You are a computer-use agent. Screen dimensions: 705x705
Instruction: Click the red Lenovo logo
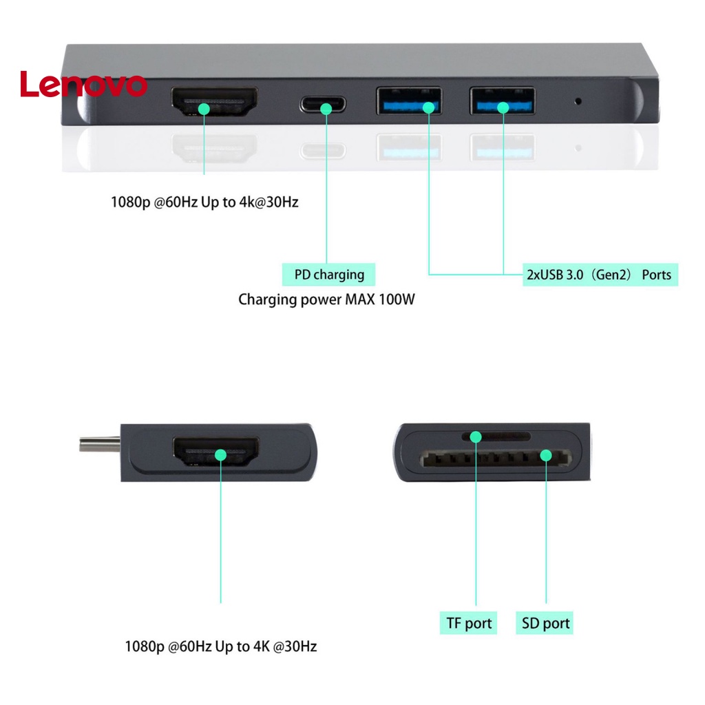(x=83, y=85)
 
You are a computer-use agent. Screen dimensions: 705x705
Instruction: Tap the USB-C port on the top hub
(x=323, y=105)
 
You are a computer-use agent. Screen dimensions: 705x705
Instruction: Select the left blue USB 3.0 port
(x=408, y=101)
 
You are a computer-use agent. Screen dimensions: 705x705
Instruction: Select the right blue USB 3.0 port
(x=502, y=101)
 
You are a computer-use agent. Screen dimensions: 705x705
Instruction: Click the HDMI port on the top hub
(x=214, y=105)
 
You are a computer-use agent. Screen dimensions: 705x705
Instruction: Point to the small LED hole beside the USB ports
(x=578, y=101)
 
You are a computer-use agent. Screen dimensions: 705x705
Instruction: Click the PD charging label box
(x=329, y=275)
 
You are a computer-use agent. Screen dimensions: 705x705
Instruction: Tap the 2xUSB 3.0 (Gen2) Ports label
(x=600, y=275)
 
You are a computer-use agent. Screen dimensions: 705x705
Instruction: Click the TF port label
(x=468, y=624)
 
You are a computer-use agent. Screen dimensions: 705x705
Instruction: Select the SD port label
(x=545, y=624)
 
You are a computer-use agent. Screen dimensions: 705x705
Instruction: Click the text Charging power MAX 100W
(x=326, y=300)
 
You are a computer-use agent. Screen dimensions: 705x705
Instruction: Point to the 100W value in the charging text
(x=397, y=300)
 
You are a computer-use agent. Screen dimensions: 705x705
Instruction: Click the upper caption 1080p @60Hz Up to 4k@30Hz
(x=204, y=203)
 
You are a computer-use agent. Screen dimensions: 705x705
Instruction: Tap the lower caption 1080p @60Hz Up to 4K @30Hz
(x=220, y=647)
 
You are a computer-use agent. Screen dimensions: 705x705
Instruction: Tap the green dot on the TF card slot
(x=476, y=436)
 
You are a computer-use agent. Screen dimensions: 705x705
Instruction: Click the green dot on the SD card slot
(x=546, y=455)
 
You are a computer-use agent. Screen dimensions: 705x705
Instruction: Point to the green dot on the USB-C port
(x=326, y=107)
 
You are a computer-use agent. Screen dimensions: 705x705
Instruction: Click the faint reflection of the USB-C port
(x=323, y=150)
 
